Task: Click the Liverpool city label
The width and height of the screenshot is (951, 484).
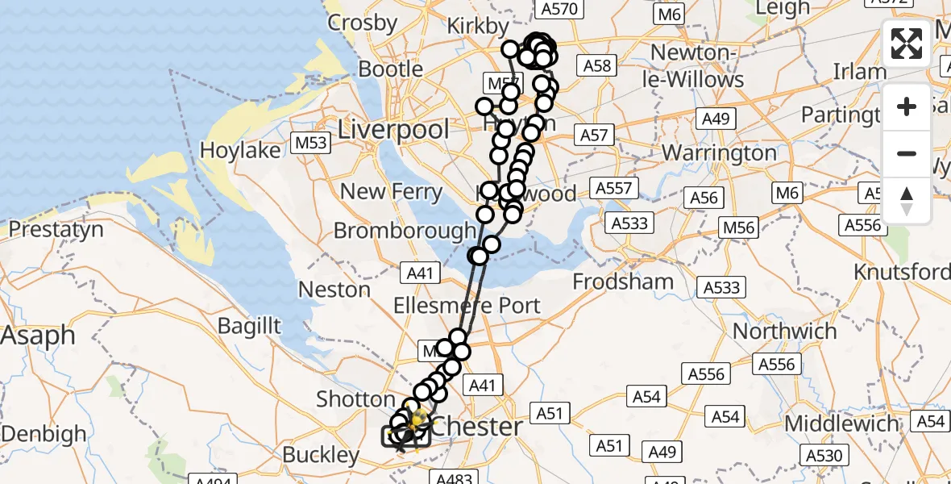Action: (393, 129)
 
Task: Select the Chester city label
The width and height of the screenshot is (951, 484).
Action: (478, 426)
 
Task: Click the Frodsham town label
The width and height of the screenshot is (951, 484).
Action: (623, 282)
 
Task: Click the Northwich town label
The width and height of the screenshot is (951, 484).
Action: (785, 331)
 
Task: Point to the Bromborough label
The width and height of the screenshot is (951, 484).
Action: (405, 231)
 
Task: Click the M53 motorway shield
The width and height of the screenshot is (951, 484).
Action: (310, 144)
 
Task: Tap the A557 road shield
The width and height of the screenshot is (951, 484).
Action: (617, 189)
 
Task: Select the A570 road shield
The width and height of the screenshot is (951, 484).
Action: (559, 9)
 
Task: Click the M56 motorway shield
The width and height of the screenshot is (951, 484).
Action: (738, 227)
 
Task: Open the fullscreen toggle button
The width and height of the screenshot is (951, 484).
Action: (907, 44)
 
